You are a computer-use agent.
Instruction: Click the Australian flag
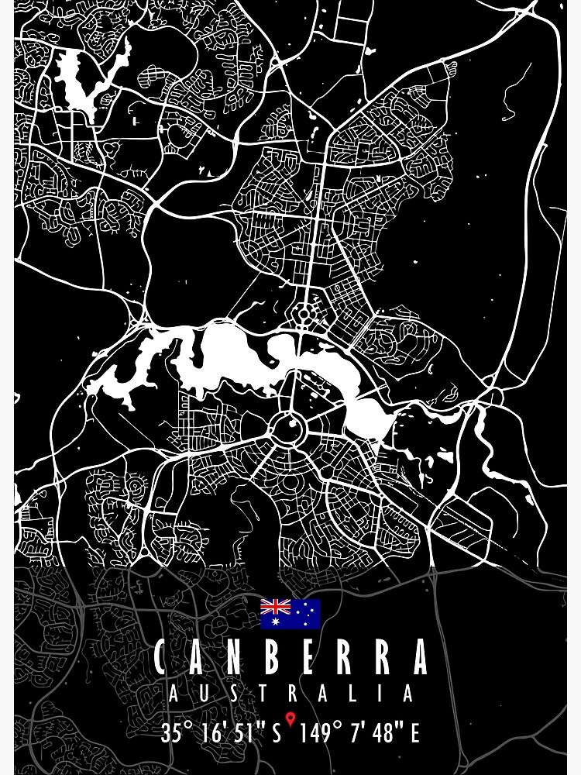pos(290,613)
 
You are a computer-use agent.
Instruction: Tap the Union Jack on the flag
pos(275,606)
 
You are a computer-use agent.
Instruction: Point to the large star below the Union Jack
pos(275,621)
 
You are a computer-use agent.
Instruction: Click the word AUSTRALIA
pos(290,694)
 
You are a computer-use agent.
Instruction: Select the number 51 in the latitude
pos(246,732)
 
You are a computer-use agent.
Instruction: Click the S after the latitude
pos(277,732)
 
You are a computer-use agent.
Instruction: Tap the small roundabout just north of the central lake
pos(304,314)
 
